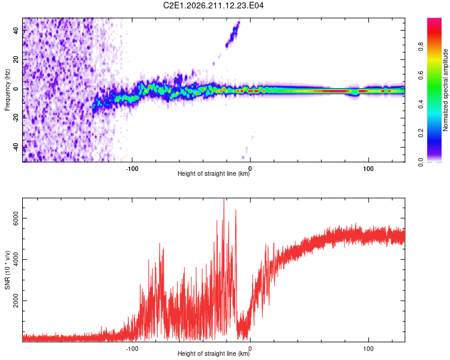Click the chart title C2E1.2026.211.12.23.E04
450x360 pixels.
point(213,5)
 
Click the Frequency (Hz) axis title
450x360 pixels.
point(7,90)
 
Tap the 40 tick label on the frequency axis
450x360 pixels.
point(16,30)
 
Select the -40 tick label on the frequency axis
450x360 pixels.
point(16,148)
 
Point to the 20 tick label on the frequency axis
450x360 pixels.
point(16,59)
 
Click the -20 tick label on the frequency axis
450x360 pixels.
point(16,118)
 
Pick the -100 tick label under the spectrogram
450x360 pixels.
point(132,169)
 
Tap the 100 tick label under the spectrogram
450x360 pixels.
point(368,169)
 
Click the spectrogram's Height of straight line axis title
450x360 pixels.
point(214,173)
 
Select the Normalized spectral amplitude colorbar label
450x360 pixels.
point(445,90)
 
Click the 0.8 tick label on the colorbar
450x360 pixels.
point(421,46)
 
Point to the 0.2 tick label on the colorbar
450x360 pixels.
point(421,133)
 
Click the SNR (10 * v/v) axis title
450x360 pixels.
point(7,270)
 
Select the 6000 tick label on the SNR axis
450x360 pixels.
point(16,218)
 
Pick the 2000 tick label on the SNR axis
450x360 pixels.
point(16,301)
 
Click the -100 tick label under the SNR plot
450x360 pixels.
point(132,349)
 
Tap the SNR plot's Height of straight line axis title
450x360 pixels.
point(214,353)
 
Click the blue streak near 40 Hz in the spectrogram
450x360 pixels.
point(233,34)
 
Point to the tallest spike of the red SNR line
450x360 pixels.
point(224,199)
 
